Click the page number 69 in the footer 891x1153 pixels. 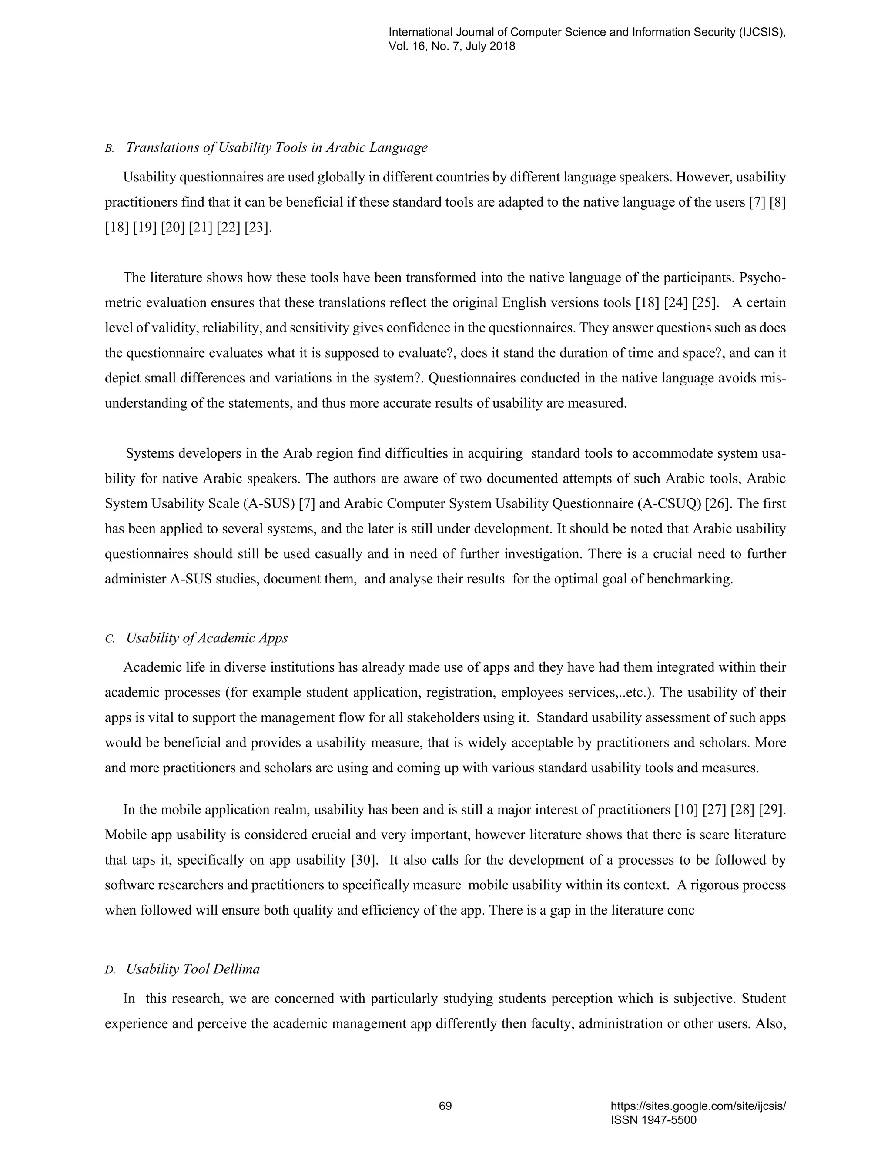point(445,1106)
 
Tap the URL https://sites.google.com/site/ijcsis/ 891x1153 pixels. point(698,1106)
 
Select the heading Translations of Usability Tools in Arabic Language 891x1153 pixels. point(277,147)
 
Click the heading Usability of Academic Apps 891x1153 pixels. point(207,638)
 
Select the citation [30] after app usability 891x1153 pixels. point(365,860)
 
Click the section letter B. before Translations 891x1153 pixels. point(110,148)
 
